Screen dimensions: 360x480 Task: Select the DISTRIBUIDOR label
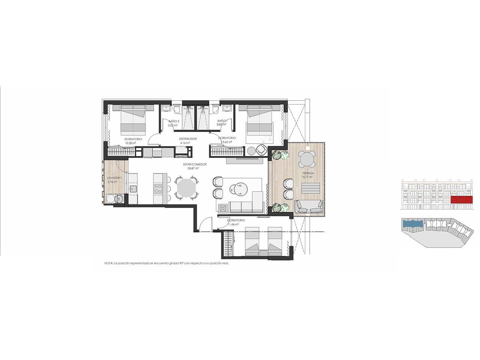click(188, 139)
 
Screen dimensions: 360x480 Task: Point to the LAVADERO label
click(113, 178)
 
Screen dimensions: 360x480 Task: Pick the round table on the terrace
click(307, 160)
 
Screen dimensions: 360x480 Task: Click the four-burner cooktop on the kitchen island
click(157, 187)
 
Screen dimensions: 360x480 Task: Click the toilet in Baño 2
click(176, 109)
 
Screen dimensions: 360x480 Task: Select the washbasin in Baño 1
click(226, 109)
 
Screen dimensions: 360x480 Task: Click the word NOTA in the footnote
click(108, 264)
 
